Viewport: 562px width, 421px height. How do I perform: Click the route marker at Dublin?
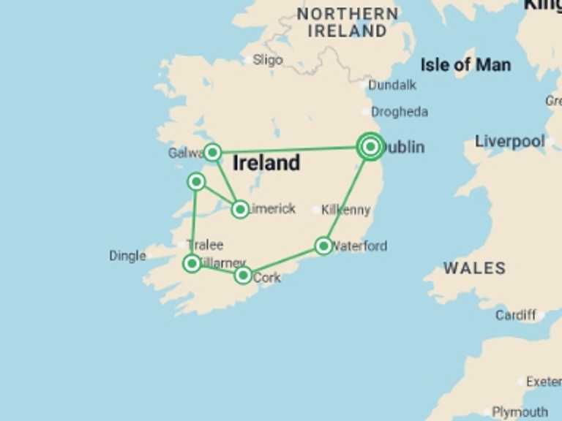click(x=371, y=147)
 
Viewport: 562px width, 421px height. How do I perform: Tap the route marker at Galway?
click(x=212, y=152)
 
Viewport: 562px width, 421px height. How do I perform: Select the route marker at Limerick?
click(x=240, y=210)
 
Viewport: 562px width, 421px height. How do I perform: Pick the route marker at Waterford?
click(x=323, y=246)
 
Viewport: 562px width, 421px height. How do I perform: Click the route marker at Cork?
click(x=243, y=276)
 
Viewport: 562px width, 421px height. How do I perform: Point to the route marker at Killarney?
click(x=192, y=262)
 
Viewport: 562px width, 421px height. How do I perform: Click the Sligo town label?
click(x=268, y=60)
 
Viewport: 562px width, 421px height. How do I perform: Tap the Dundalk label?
click(x=392, y=85)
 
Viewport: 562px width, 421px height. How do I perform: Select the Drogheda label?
click(x=400, y=112)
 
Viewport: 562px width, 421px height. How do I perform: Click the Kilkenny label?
click(x=346, y=210)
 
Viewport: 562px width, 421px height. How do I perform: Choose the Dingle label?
click(x=127, y=256)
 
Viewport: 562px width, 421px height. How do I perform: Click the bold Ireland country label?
click(x=266, y=163)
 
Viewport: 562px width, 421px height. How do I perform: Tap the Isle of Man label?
click(x=465, y=65)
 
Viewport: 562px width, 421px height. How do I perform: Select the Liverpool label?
click(x=510, y=141)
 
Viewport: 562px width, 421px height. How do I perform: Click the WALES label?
click(x=474, y=268)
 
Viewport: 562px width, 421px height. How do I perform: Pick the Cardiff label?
click(x=516, y=315)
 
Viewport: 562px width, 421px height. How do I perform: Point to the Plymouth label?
click(x=520, y=411)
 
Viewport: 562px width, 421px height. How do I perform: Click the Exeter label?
click(x=544, y=382)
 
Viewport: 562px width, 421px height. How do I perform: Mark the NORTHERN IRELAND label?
click(x=348, y=23)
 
